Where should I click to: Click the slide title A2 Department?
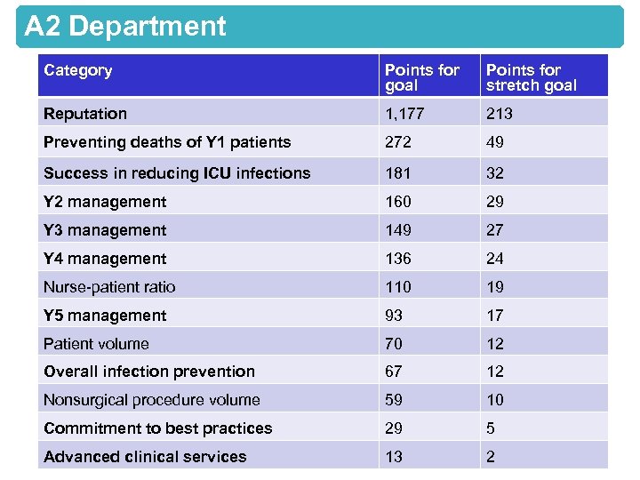click(125, 27)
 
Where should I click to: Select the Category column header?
click(78, 70)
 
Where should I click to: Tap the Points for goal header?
click(421, 77)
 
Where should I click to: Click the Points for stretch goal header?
click(531, 77)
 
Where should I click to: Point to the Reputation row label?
click(85, 114)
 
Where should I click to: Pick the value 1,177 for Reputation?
click(405, 114)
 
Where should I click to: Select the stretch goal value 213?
click(499, 114)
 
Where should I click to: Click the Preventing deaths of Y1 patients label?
click(167, 142)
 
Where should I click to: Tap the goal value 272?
click(397, 142)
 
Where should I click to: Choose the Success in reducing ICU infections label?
click(177, 173)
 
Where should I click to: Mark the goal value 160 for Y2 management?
click(397, 202)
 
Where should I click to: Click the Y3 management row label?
click(105, 230)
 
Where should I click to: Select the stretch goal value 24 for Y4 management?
click(495, 259)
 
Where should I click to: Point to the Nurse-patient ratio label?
click(109, 287)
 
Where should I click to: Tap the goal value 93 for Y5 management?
click(394, 316)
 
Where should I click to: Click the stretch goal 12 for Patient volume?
click(495, 344)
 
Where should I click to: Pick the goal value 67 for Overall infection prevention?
click(394, 372)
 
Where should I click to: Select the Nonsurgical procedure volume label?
click(152, 400)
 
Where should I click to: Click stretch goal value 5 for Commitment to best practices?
click(491, 428)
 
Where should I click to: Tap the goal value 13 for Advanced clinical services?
click(394, 457)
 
